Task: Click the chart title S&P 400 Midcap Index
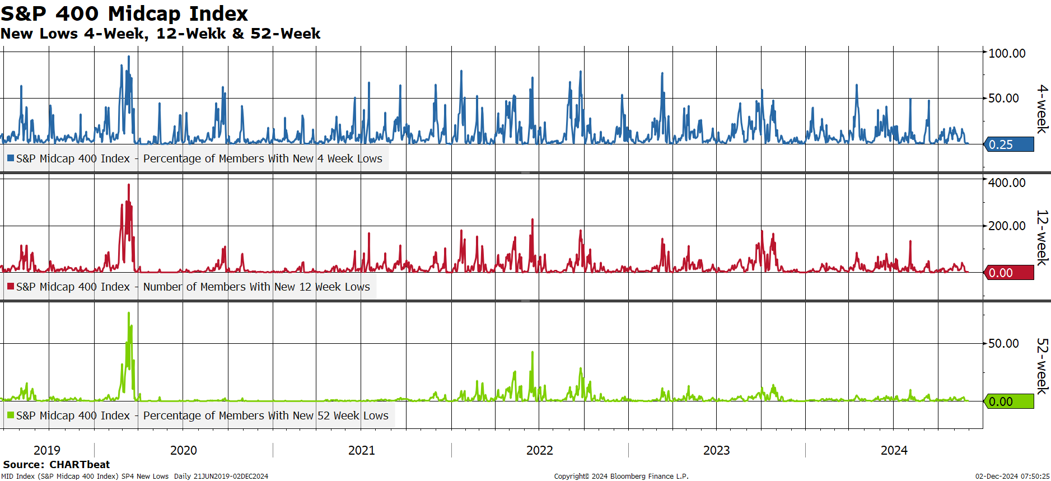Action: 124,13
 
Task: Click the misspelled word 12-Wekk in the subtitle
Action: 191,34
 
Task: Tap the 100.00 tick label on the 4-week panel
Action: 1007,53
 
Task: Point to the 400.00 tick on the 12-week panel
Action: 1007,183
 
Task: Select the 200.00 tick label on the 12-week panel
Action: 1007,226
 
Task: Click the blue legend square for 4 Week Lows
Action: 11,158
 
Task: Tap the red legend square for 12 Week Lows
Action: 11,287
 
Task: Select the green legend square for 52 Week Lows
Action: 11,415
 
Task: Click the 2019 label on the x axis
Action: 47,450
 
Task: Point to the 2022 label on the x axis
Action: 540,450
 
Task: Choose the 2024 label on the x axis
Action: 894,450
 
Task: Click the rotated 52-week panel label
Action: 1042,366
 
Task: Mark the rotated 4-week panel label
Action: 1042,109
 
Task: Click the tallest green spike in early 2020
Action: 129,313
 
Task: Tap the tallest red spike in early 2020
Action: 129,185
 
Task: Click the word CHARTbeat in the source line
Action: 80,464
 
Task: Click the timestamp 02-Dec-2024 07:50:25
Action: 1012,477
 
